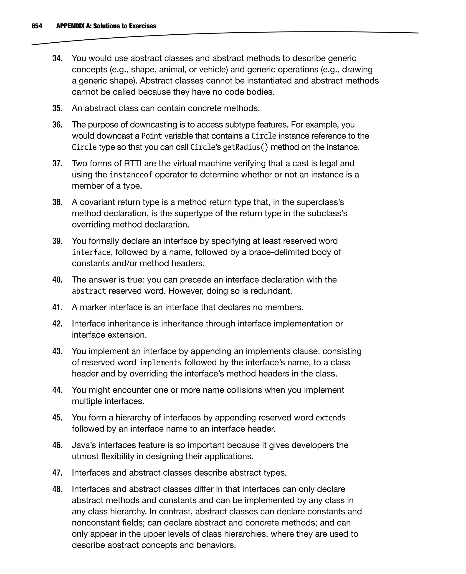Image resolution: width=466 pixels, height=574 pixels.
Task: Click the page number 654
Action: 37,26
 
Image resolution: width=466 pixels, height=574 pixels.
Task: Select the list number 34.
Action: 57,58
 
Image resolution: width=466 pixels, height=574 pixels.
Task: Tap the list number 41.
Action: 57,307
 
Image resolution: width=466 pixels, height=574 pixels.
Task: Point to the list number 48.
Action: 57,489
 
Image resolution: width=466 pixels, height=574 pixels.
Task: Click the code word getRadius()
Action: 245,147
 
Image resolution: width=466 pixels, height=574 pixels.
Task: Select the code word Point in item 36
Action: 152,136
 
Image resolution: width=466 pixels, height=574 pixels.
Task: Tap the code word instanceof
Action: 131,175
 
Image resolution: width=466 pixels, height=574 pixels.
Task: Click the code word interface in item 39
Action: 91,252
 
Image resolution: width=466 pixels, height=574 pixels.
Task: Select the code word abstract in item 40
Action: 89,291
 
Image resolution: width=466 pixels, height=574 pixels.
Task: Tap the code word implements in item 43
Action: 160,363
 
